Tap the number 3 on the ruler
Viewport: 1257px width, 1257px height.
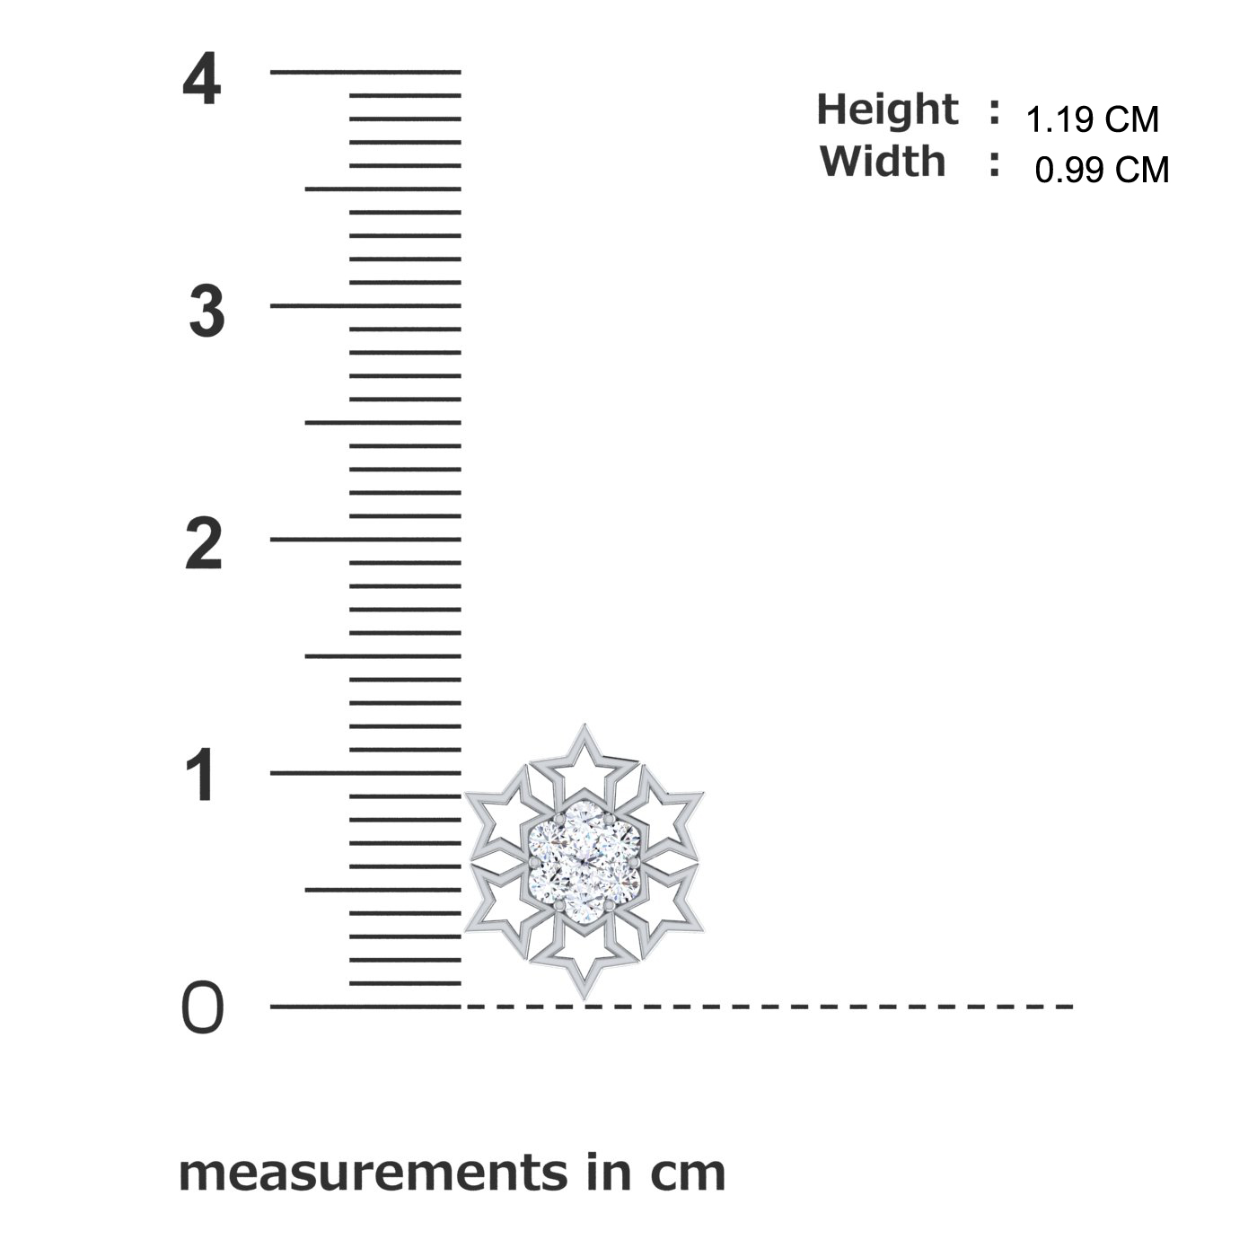coord(207,312)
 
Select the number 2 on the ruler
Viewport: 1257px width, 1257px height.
coord(204,544)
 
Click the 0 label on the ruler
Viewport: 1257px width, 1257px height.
coord(202,1007)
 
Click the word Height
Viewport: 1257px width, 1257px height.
coord(887,109)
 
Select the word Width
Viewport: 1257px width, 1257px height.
coord(883,161)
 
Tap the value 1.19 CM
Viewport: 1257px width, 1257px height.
coord(1093,119)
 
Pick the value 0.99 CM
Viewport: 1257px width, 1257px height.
coord(1102,170)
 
